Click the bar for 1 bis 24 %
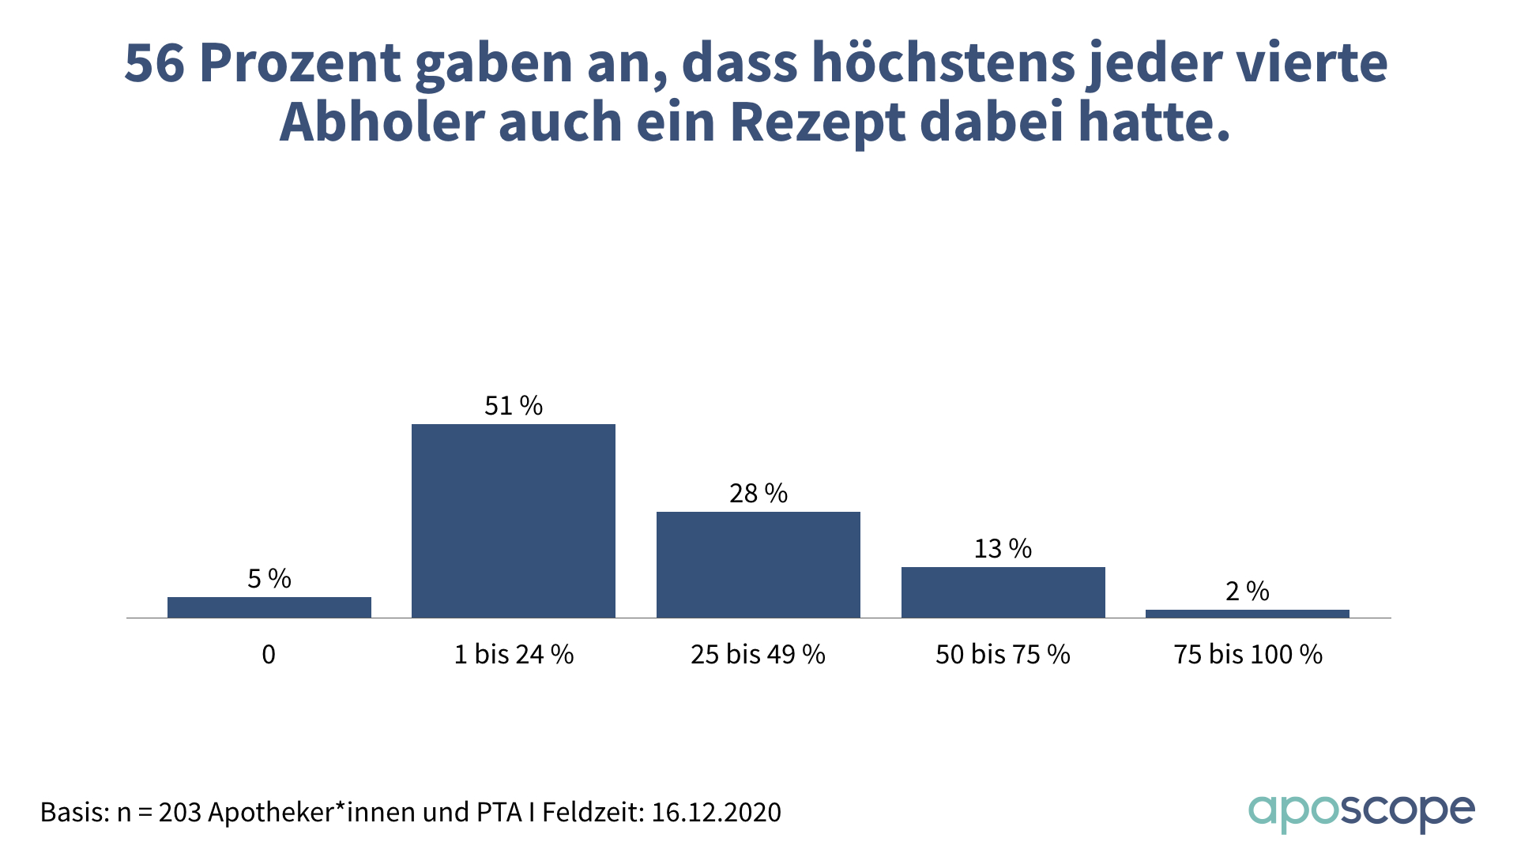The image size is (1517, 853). click(514, 520)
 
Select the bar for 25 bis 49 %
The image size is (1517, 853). click(758, 564)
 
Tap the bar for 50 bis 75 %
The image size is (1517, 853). click(1003, 592)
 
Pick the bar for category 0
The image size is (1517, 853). click(269, 607)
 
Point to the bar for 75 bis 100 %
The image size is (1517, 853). click(1247, 613)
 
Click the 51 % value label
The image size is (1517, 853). click(514, 406)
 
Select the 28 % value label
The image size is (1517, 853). click(758, 494)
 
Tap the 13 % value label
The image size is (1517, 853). click(1003, 549)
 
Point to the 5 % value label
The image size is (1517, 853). click(269, 579)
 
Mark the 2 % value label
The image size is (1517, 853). click(1247, 592)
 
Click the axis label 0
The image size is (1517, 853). click(269, 655)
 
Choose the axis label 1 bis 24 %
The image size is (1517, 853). click(514, 655)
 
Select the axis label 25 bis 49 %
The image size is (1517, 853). click(758, 655)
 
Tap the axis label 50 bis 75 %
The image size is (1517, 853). click(1003, 655)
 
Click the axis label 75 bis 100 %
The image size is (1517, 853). click(1248, 655)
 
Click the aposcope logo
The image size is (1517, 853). click(1361, 812)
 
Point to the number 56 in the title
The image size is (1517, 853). click(154, 63)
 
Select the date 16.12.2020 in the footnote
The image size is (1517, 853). click(716, 812)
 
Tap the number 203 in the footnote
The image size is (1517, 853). click(180, 812)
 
